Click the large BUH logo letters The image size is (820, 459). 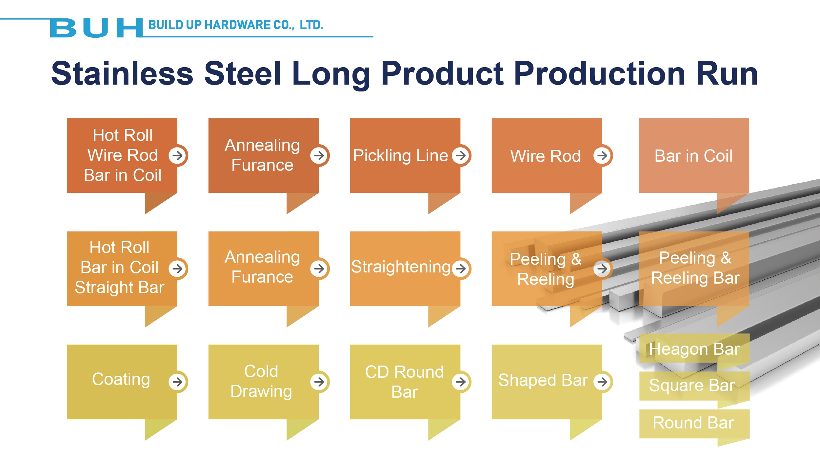coord(96,28)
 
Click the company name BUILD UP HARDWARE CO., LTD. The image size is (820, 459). coord(236,25)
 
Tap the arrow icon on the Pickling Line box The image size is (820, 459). coord(461,155)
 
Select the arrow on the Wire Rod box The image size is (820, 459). coord(603,155)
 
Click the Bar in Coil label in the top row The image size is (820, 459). coord(693,156)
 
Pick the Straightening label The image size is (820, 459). coord(401,267)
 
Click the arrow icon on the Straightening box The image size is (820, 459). coord(461,269)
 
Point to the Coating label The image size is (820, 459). coord(121,379)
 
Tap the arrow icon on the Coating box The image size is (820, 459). coord(178,382)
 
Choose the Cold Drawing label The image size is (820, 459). coord(261,381)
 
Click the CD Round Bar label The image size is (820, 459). coord(405,382)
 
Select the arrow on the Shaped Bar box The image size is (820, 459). coord(603,382)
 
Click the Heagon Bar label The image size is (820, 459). coord(694,349)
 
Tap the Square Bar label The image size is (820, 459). coord(692,385)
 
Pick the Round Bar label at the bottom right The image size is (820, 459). coord(693,423)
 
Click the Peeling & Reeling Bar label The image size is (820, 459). coord(695,268)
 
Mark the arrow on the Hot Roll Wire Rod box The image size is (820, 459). coord(178,155)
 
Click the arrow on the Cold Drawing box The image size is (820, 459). coord(319,382)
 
